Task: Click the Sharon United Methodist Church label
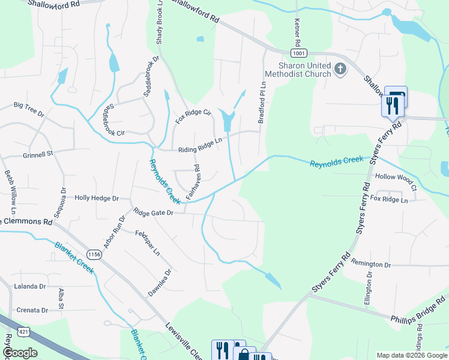pyautogui.click(x=304, y=70)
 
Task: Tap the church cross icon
pyautogui.click(x=340, y=69)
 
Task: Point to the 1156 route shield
pyautogui.click(x=94, y=254)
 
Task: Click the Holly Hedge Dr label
pyautogui.click(x=97, y=198)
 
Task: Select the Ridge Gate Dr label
pyautogui.click(x=153, y=212)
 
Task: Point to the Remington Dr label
pyautogui.click(x=371, y=265)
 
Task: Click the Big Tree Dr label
pyautogui.click(x=29, y=107)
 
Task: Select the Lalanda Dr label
pyautogui.click(x=30, y=287)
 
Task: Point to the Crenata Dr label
pyautogui.click(x=32, y=310)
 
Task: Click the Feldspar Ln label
pyautogui.click(x=148, y=242)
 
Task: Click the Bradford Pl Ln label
pyautogui.click(x=261, y=103)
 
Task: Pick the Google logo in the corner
pyautogui.click(x=20, y=353)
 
